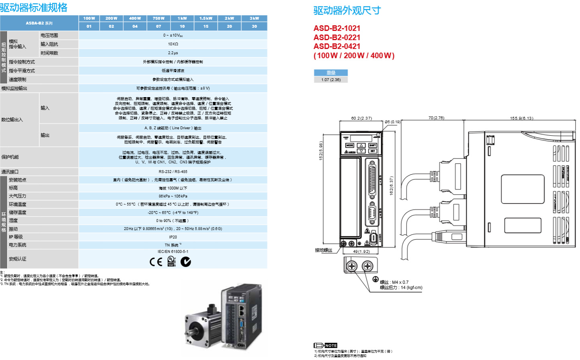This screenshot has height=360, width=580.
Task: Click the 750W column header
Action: [159, 18]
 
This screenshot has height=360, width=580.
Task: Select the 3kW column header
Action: [254, 18]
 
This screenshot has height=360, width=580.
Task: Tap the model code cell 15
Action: [206, 26]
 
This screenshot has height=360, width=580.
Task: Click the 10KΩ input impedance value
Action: [173, 44]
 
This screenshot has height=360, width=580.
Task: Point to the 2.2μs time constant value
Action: [173, 53]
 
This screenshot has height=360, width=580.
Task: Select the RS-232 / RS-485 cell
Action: [173, 172]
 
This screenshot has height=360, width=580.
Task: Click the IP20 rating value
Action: [173, 237]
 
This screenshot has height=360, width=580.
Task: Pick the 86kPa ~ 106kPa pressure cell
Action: [173, 196]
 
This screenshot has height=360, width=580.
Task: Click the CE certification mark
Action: [156, 262]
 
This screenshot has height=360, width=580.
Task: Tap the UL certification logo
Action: [171, 261]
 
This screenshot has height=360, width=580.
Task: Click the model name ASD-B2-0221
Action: [337, 37]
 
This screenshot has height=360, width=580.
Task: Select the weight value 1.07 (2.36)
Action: [331, 80]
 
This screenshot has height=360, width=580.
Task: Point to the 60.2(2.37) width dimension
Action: [361, 118]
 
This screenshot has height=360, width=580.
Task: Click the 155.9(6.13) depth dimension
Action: [521, 118]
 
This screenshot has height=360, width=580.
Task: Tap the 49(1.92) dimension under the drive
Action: [361, 252]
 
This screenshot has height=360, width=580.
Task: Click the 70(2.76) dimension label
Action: [436, 118]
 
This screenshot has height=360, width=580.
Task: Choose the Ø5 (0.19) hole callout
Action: [393, 122]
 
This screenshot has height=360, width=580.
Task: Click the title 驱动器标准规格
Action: [34, 8]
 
